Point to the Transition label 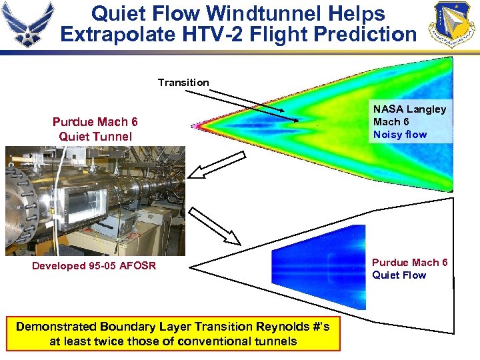click(183, 83)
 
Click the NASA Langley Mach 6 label click(409, 115)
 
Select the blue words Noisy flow click(400, 135)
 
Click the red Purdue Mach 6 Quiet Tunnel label click(95, 129)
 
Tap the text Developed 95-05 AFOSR click(94, 266)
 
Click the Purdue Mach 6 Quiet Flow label click(409, 269)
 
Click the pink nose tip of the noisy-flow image click(196, 125)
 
